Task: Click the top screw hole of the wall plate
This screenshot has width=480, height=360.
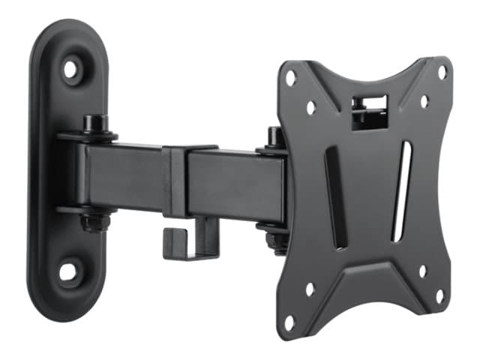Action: click(x=71, y=70)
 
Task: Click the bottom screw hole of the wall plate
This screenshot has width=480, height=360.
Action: click(x=70, y=271)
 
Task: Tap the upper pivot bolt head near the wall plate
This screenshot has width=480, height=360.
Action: click(x=94, y=123)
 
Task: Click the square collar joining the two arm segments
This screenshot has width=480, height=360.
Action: click(x=175, y=179)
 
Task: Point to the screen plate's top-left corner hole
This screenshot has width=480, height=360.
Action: click(x=290, y=76)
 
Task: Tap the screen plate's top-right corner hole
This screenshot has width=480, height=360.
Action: click(x=442, y=72)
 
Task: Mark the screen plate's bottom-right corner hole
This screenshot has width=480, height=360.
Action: click(x=440, y=295)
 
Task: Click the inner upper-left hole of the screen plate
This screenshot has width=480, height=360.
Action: click(x=310, y=106)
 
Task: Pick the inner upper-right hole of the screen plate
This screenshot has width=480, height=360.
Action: click(x=424, y=101)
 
